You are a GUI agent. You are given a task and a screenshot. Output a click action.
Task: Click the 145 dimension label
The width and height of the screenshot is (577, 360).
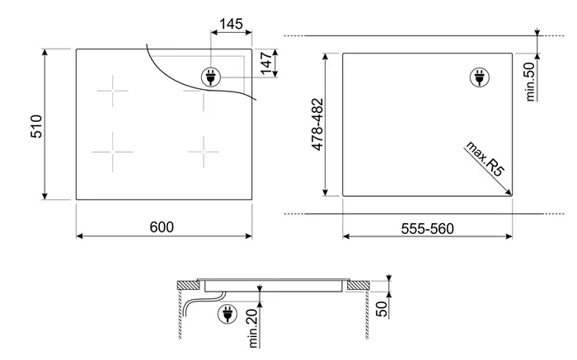[231, 24]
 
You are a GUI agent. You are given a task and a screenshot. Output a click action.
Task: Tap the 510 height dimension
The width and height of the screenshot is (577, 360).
[36, 126]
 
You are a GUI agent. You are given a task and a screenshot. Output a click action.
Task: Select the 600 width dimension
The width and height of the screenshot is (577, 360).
[162, 227]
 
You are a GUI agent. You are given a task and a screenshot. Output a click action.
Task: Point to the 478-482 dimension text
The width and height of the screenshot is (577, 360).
[317, 124]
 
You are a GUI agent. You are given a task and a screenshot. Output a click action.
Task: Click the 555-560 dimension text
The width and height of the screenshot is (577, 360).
[427, 229]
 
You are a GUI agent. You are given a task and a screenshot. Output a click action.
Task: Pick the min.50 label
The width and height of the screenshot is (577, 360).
[530, 82]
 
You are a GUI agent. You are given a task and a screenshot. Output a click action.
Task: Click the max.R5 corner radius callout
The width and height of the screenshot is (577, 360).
[485, 158]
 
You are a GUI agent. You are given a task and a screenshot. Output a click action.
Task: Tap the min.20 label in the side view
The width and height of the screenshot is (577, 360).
[253, 328]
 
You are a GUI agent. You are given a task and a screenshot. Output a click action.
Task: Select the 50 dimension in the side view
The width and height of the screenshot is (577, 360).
[382, 309]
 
